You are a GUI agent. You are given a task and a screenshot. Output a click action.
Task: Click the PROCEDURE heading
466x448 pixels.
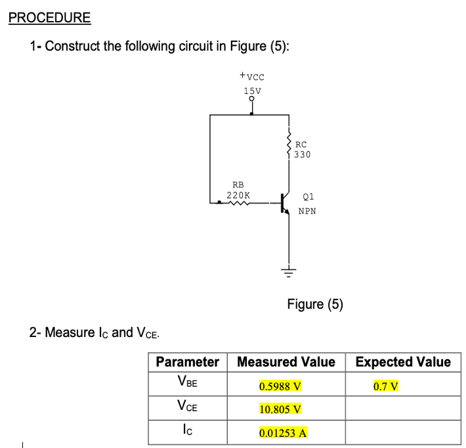[x=50, y=18]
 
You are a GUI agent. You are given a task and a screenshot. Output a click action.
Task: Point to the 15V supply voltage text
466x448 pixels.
[x=252, y=91]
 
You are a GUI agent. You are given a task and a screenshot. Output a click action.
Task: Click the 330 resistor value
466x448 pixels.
[x=303, y=155]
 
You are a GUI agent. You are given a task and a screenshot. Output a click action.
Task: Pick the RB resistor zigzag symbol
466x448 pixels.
[x=238, y=203]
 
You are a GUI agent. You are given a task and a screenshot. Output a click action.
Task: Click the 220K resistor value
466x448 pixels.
[x=238, y=195]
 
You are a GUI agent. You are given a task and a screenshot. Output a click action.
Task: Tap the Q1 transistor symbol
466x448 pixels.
[x=285, y=203]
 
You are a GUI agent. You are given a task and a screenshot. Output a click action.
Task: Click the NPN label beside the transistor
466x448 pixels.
[x=307, y=212]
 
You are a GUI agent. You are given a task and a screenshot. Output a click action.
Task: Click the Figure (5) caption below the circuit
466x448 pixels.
[x=315, y=304]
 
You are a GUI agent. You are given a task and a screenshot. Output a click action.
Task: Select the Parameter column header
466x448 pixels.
[x=187, y=362]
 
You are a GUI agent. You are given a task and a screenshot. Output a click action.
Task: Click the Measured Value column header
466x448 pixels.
[x=286, y=362]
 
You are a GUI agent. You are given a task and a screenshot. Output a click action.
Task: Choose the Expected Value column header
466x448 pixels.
[x=403, y=362]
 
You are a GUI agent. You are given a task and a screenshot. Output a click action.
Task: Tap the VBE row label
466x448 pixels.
[x=187, y=383]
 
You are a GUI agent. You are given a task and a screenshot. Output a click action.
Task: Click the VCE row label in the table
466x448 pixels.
[x=187, y=407]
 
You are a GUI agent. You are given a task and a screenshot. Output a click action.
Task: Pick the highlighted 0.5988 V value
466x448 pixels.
[x=280, y=386]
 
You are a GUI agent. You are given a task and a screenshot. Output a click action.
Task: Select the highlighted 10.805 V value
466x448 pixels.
[x=280, y=409]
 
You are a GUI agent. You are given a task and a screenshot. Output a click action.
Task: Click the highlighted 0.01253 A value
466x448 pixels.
[x=283, y=433]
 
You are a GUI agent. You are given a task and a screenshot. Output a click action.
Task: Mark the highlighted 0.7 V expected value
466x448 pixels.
[x=386, y=386]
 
